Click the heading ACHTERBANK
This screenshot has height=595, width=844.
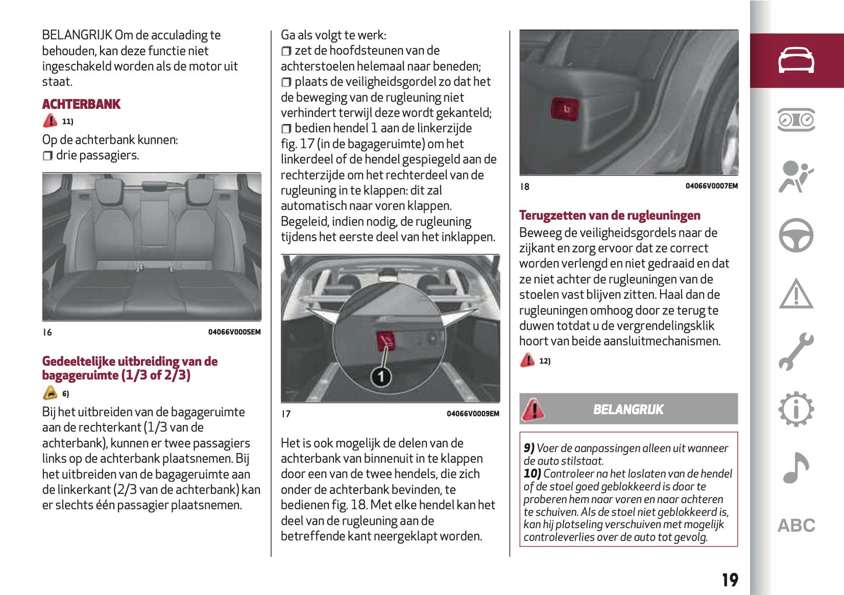(81, 104)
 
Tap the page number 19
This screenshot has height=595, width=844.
(730, 580)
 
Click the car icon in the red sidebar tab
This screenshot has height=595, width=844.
(796, 61)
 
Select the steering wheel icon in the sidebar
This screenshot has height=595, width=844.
(796, 236)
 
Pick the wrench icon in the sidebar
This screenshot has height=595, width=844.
(796, 351)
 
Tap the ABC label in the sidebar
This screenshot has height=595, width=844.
(796, 525)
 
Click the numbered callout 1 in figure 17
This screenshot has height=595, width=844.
(381, 377)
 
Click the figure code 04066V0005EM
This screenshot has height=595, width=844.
(234, 332)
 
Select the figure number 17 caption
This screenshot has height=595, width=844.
(286, 414)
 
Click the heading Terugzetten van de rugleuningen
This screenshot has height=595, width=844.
(609, 215)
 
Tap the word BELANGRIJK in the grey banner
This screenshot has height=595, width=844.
(628, 409)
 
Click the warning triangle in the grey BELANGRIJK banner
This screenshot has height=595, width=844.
(533, 409)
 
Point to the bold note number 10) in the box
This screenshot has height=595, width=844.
(532, 473)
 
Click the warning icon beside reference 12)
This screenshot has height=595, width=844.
(527, 360)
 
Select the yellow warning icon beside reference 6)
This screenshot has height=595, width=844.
(50, 393)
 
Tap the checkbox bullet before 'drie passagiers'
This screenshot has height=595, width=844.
(47, 156)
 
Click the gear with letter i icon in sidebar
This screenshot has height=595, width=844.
(796, 409)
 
